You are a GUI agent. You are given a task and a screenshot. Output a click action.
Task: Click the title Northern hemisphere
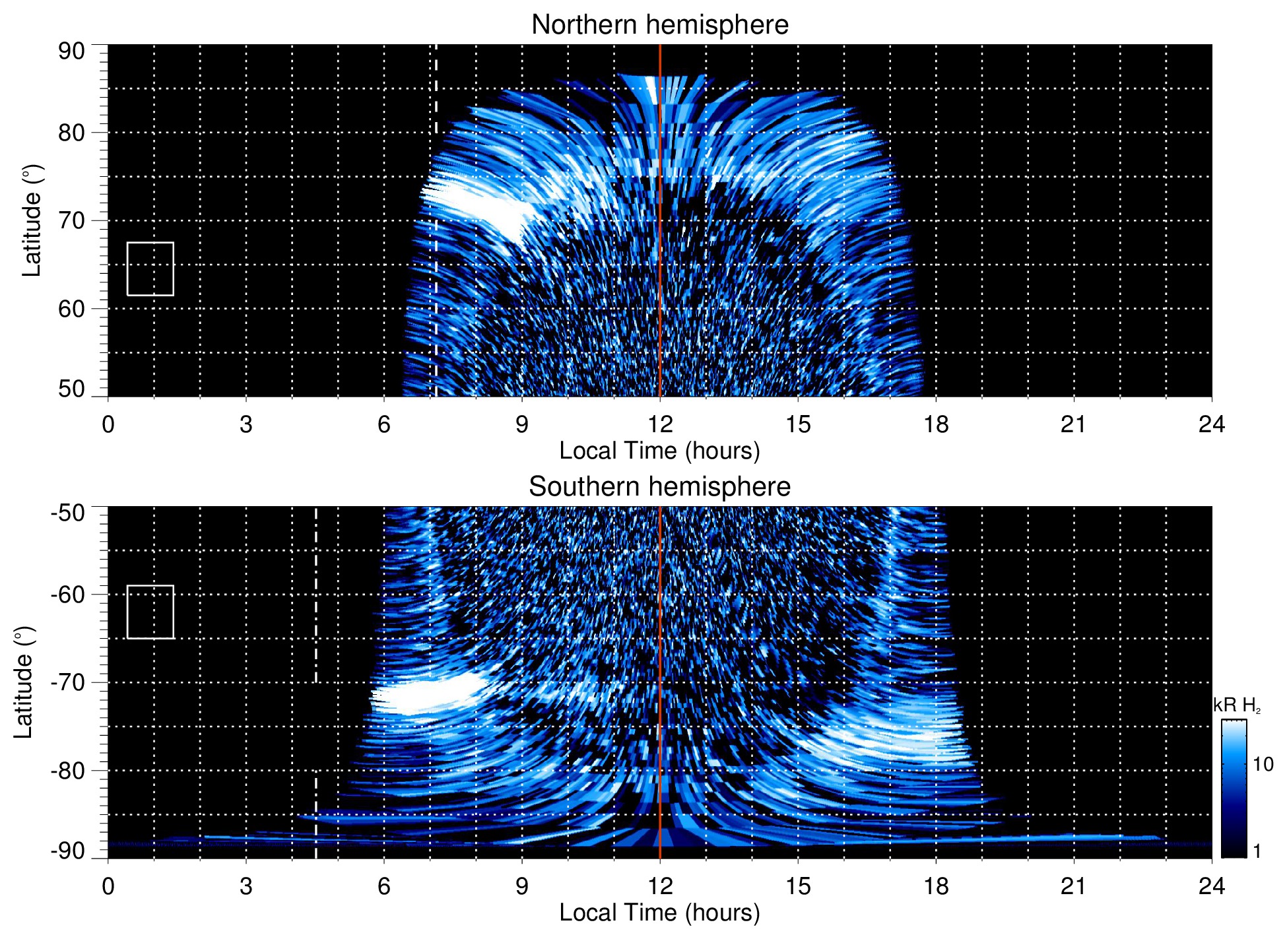[659, 25]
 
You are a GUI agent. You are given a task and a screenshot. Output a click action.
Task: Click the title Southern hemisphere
[659, 487]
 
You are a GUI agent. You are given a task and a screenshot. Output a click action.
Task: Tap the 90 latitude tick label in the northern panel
[71, 51]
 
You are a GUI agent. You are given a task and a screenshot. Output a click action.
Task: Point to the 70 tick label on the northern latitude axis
[71, 220]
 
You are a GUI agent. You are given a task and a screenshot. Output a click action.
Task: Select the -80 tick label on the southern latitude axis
[68, 770]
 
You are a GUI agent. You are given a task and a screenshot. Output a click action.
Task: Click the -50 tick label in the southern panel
[68, 513]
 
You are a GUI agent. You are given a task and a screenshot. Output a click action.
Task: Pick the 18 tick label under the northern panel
[935, 424]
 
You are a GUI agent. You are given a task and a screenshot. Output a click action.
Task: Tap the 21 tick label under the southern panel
[1073, 886]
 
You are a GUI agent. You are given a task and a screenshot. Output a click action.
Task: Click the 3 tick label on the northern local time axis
[246, 424]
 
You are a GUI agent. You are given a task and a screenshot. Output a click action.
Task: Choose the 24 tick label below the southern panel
[1211, 886]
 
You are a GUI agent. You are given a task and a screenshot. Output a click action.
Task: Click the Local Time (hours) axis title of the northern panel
[659, 451]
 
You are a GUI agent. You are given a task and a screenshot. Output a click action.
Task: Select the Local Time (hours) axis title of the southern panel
[659, 913]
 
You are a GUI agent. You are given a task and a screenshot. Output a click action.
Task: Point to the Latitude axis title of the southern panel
[24, 682]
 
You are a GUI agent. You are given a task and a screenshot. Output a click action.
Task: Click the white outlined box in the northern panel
[150, 269]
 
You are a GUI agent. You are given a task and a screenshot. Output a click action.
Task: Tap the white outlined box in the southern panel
[150, 612]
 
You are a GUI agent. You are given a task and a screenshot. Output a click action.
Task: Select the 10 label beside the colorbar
[1263, 764]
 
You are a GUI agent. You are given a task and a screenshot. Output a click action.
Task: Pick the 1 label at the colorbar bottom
[1257, 851]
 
